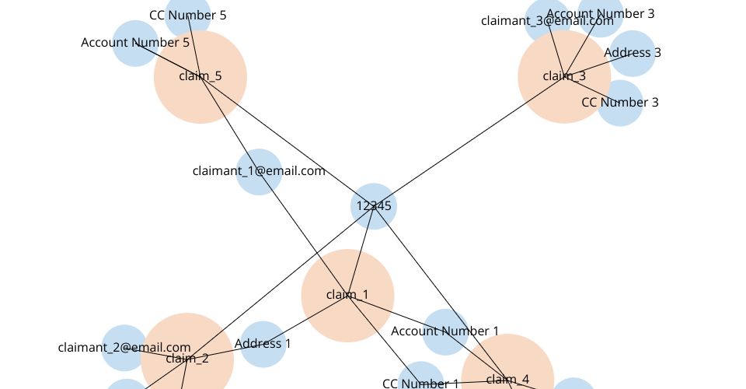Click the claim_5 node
pyautogui.click(x=200, y=76)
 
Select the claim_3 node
pyautogui.click(x=564, y=76)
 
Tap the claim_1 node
pyautogui.click(x=347, y=296)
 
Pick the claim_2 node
pyautogui.click(x=186, y=359)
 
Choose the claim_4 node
pyautogui.click(x=507, y=379)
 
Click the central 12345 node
pyautogui.click(x=374, y=206)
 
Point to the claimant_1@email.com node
pyautogui.click(x=259, y=171)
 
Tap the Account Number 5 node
pyautogui.click(x=135, y=43)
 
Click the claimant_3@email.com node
pyautogui.click(x=547, y=21)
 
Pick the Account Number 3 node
pyautogui.click(x=601, y=14)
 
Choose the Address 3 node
pyautogui.click(x=633, y=53)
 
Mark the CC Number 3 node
pyautogui.click(x=620, y=103)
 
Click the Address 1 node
pyautogui.click(x=263, y=344)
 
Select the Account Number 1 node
pyautogui.click(x=445, y=332)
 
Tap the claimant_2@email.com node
pyautogui.click(x=124, y=348)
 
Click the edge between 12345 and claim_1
pyautogui.click(x=361, y=251)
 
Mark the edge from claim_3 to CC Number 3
pyautogui.click(x=592, y=89)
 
